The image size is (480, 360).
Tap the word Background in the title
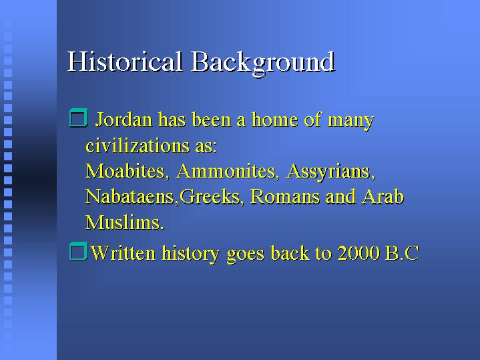pyautogui.click(x=263, y=63)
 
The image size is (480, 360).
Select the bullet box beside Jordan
pyautogui.click(x=79, y=118)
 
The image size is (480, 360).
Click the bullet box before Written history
pyautogui.click(x=78, y=251)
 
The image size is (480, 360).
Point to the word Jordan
pyautogui.click(x=124, y=119)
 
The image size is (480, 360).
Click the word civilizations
pyautogui.click(x=138, y=145)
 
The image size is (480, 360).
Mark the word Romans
pyautogui.click(x=284, y=197)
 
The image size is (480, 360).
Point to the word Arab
pyautogui.click(x=383, y=196)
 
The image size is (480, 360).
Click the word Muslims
pyautogui.click(x=124, y=222)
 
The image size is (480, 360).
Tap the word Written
pyautogui.click(x=123, y=252)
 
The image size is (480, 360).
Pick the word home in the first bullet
pyautogui.click(x=274, y=119)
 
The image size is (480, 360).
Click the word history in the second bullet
pyautogui.click(x=190, y=254)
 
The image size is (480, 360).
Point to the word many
pyautogui.click(x=350, y=121)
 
